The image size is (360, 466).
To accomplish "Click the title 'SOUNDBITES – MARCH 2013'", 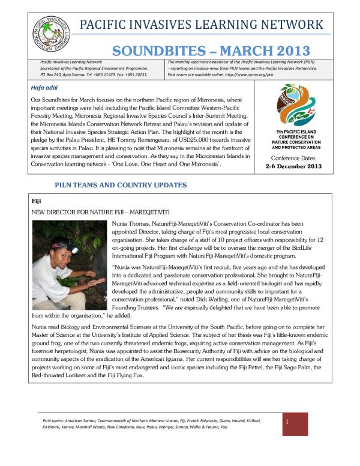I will pos(211,51).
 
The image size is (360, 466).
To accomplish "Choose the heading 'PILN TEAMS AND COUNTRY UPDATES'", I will pos(120,185).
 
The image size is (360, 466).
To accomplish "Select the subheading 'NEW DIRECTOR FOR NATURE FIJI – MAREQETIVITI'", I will pos(100,212).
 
